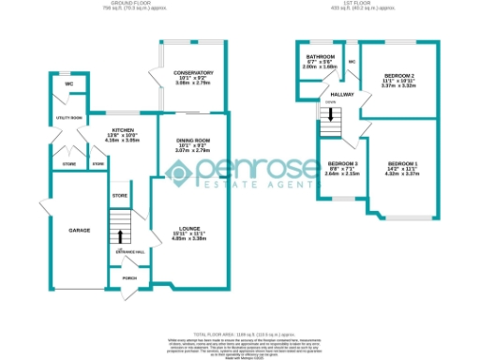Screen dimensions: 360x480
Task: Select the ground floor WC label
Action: tap(68, 84)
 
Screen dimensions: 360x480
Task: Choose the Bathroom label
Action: tap(320, 56)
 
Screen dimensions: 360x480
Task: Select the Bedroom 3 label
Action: tap(335, 163)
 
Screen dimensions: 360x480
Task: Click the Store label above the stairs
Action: tap(118, 196)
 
